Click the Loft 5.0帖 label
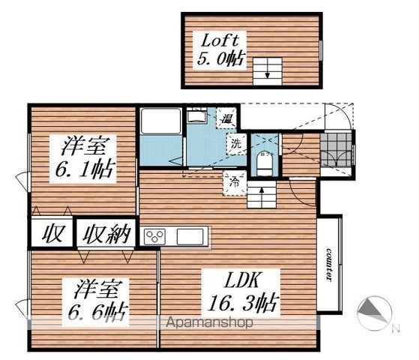(220, 50)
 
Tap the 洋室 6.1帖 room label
(83, 159)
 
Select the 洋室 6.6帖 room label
(96, 302)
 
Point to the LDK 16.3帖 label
(241, 292)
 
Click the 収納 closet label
(106, 234)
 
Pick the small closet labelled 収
(52, 234)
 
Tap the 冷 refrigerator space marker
(235, 183)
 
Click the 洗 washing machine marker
(235, 144)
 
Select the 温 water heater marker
(226, 118)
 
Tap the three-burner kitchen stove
(154, 236)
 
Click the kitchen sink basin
(190, 236)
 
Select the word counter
(329, 265)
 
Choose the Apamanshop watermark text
(209, 322)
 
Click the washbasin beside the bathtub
(196, 117)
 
